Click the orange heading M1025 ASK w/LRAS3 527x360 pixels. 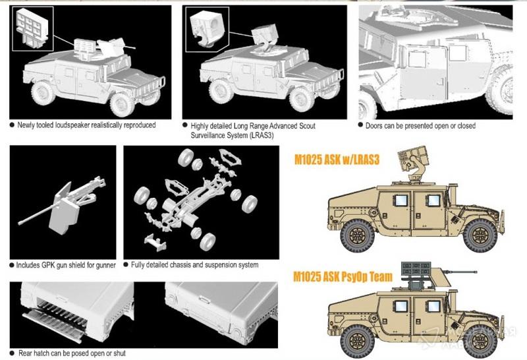(337, 160)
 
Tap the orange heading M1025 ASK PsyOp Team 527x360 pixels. (343, 276)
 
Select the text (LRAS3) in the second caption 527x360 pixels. (260, 135)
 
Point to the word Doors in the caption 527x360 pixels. (374, 126)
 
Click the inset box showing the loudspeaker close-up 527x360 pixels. (32, 29)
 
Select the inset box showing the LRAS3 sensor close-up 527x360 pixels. (207, 30)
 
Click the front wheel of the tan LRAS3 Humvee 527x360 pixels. (480, 235)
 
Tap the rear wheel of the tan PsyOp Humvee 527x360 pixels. (357, 341)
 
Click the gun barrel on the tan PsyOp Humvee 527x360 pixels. (460, 271)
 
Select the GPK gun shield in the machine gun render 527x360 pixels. (65, 212)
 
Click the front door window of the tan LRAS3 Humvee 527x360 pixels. (433, 200)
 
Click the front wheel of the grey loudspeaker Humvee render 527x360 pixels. (121, 104)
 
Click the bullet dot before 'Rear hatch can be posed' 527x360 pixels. (13, 353)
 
